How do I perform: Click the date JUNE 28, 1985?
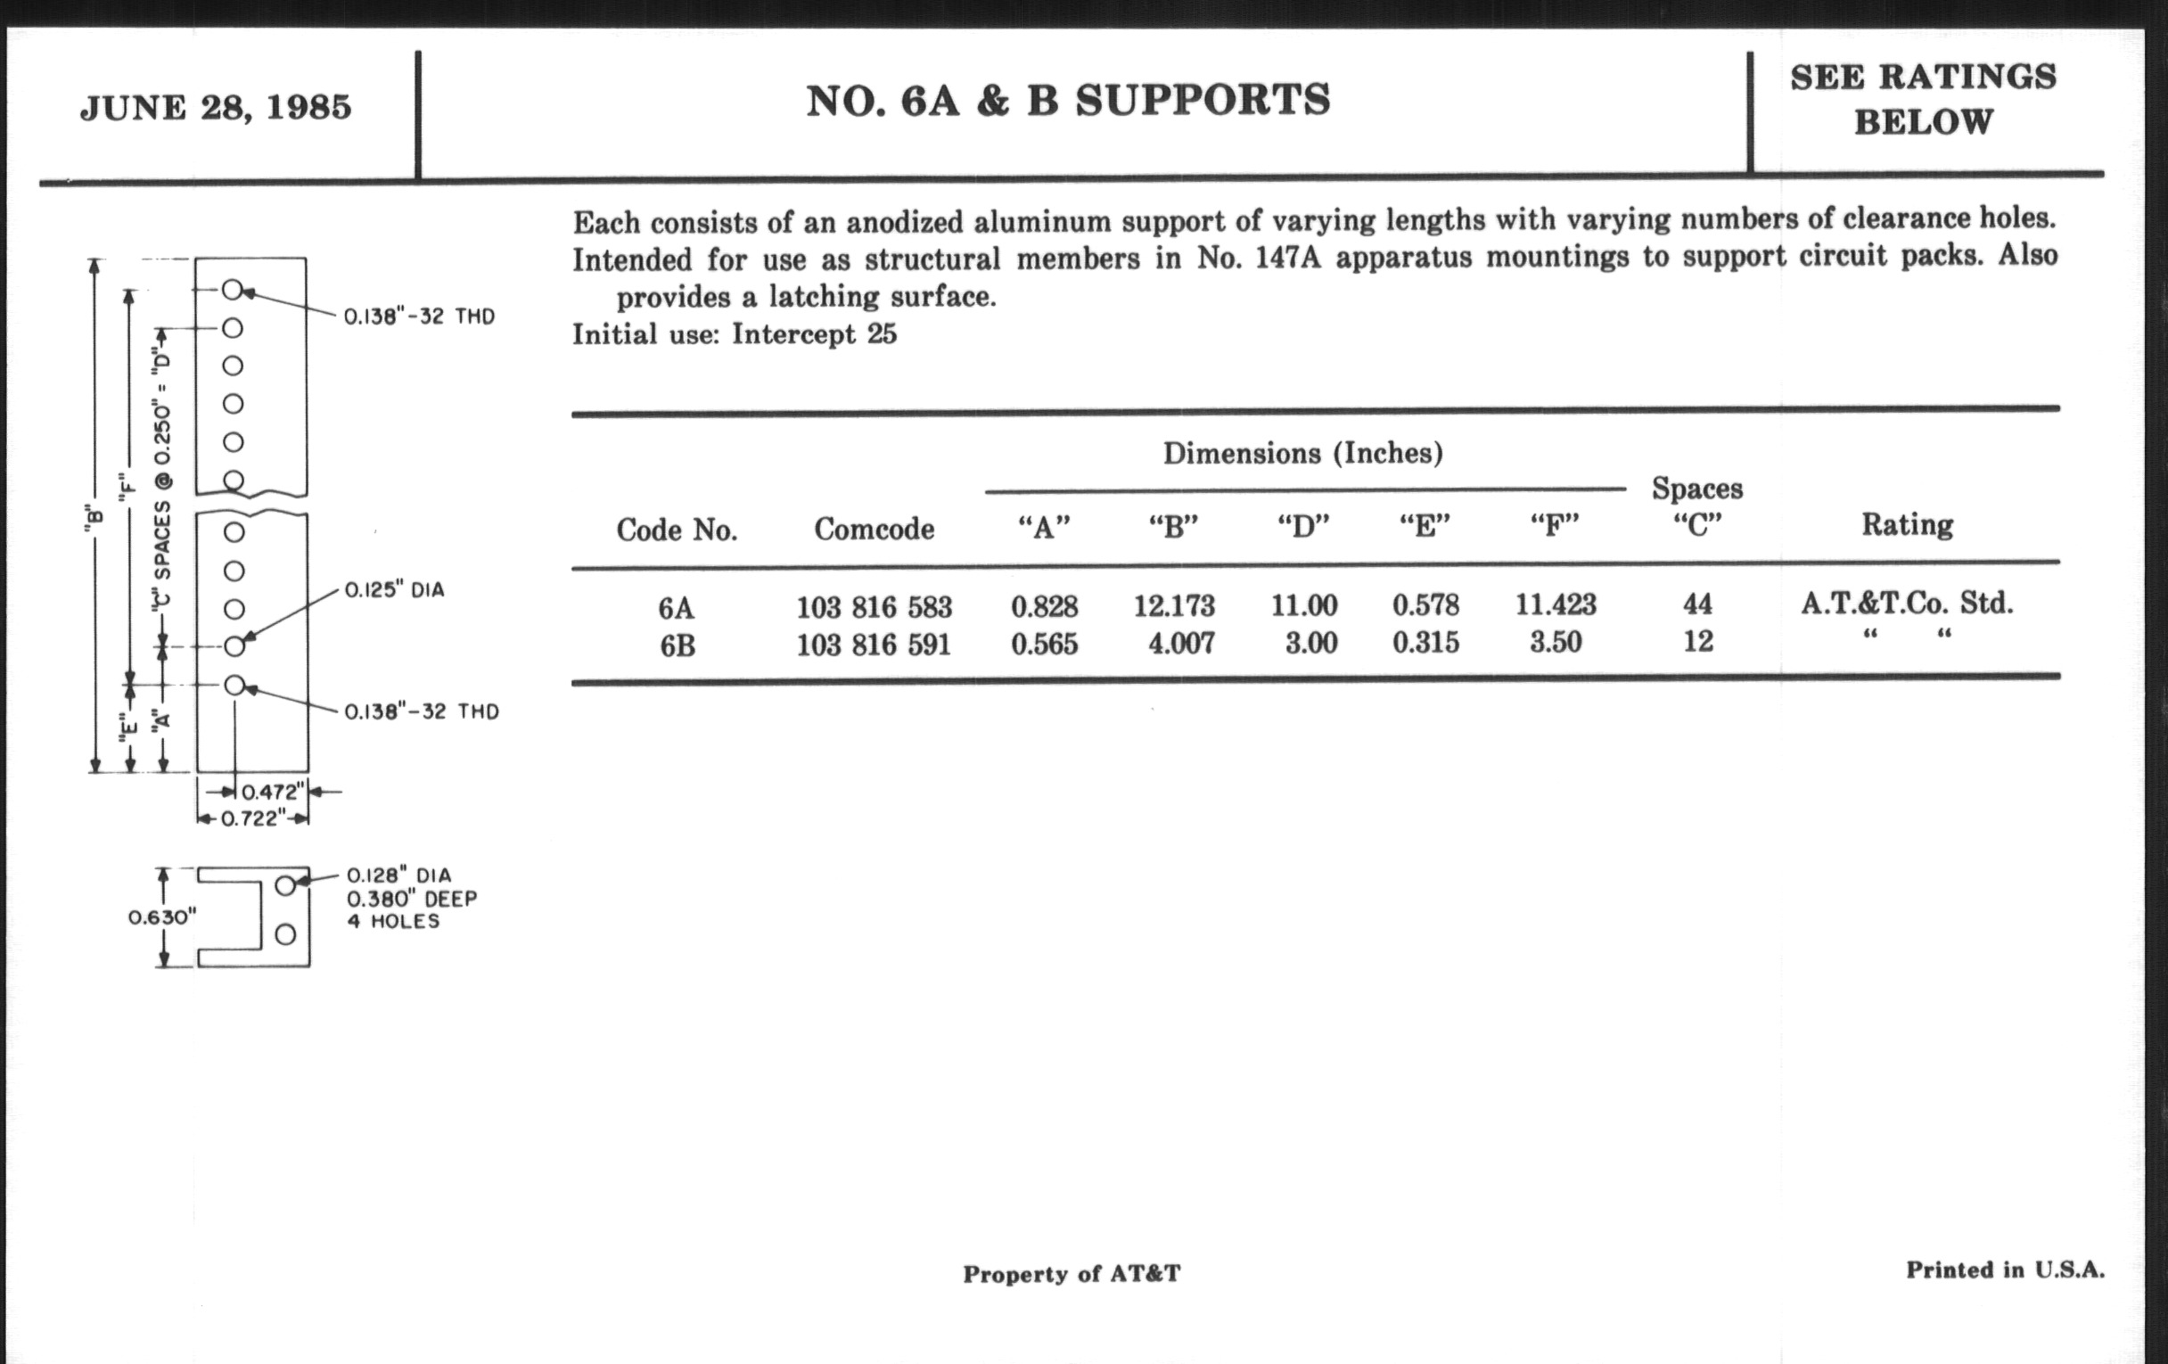215,108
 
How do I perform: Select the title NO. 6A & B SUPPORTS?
1068,100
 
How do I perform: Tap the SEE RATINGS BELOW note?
1923,99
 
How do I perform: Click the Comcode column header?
874,530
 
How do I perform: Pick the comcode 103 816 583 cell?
874,608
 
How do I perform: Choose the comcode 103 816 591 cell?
874,645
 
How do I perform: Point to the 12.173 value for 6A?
1173,606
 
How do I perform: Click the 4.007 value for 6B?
1180,644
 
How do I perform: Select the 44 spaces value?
1697,604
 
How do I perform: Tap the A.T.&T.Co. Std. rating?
1907,604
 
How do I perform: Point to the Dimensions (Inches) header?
1302,453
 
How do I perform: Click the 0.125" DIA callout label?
394,590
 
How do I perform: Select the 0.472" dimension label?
270,793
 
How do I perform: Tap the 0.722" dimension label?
253,818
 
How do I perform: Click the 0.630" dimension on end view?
162,917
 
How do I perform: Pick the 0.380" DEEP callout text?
412,899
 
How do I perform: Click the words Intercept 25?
814,335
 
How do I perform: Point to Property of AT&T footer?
1072,1274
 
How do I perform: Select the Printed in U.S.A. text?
2005,1270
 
